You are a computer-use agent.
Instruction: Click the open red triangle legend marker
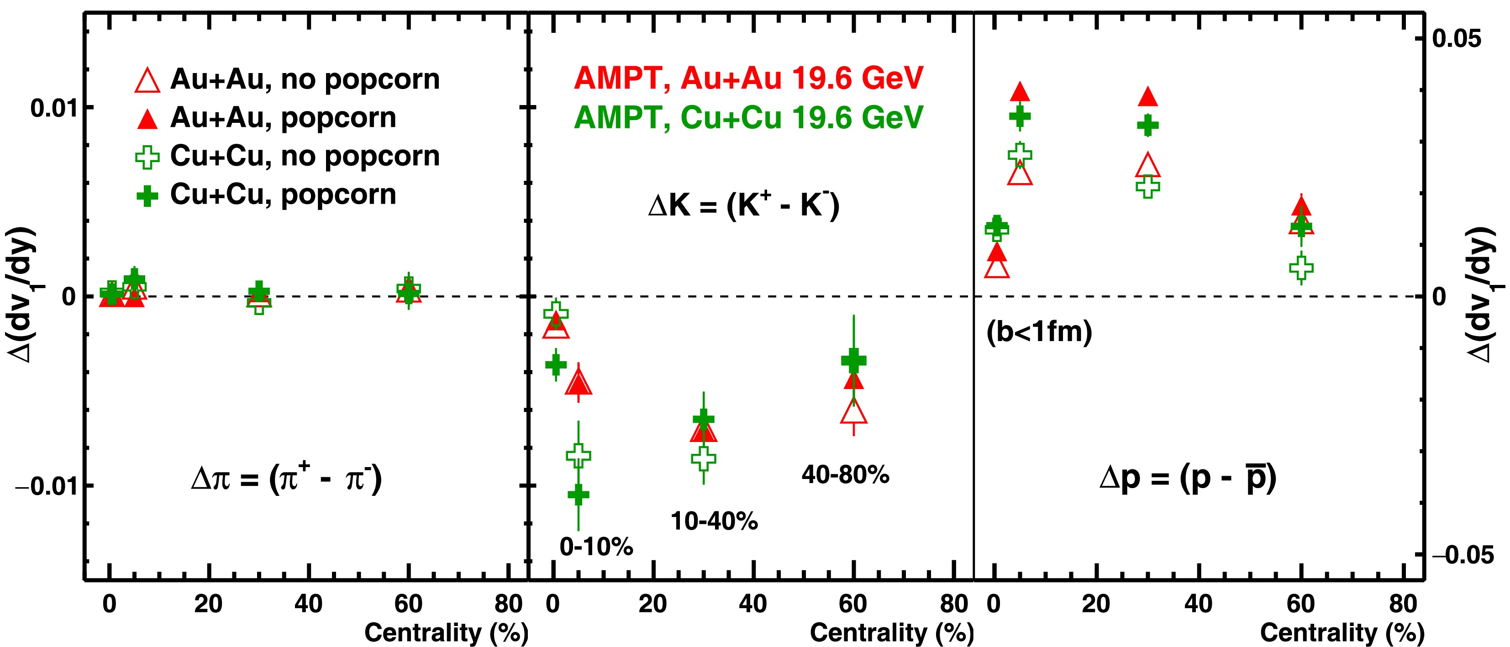coord(147,81)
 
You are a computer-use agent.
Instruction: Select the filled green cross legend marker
coord(147,196)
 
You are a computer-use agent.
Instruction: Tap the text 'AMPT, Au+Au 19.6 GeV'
coord(748,79)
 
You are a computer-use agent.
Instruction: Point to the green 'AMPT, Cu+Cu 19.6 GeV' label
coord(748,118)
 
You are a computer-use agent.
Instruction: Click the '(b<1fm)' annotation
coord(1039,332)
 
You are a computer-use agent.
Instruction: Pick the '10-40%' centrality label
coord(714,521)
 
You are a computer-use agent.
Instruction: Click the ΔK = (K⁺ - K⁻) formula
coord(744,206)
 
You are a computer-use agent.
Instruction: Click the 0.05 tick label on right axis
coord(1456,39)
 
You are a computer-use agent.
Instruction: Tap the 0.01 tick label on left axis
coord(53,108)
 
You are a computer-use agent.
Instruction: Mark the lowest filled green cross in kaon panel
coord(579,494)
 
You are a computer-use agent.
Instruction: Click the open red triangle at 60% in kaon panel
coord(853,412)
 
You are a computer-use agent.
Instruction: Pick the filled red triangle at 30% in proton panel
coord(1148,97)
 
